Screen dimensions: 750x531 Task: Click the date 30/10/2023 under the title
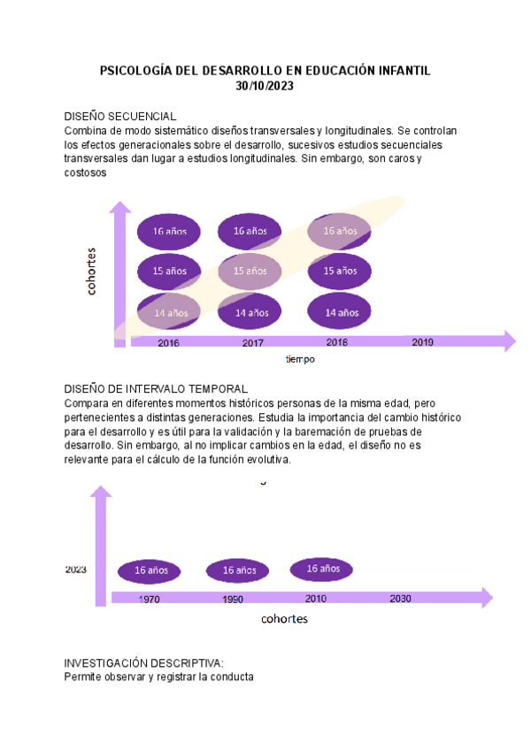(x=265, y=86)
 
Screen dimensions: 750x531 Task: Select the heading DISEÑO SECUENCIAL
(x=120, y=117)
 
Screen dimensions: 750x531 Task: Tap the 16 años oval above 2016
(x=168, y=231)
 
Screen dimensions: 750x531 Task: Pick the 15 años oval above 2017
(x=250, y=271)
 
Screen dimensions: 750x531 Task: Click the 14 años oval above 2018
(x=341, y=312)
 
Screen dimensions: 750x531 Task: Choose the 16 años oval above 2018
(x=341, y=231)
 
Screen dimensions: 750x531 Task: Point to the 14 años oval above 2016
(x=168, y=312)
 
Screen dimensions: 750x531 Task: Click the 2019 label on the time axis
(x=422, y=341)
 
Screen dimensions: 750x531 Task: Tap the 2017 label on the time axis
(x=252, y=342)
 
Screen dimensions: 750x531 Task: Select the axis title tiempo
(x=300, y=360)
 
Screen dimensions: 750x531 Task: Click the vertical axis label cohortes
(x=92, y=271)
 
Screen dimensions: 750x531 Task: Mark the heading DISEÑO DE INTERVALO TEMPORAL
(x=156, y=389)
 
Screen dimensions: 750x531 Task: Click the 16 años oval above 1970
(x=150, y=570)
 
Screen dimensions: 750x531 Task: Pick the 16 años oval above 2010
(x=322, y=568)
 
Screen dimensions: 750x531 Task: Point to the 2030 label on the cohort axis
(x=400, y=599)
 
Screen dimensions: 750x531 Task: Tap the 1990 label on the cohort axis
(x=233, y=599)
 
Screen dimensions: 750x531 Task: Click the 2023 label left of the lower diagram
(x=75, y=570)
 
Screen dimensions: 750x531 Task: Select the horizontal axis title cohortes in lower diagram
(x=284, y=619)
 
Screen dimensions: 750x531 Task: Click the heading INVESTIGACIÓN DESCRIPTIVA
(x=143, y=663)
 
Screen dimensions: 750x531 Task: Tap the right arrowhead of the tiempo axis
(x=508, y=341)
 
